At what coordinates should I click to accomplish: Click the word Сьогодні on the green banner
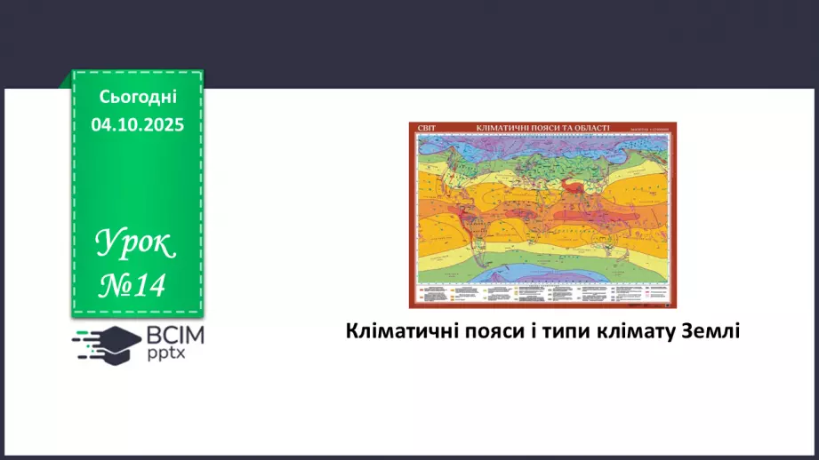coord(138,97)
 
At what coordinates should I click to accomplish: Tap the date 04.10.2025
coord(138,125)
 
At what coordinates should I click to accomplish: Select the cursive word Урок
coord(137,244)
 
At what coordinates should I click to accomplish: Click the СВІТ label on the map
coord(426,128)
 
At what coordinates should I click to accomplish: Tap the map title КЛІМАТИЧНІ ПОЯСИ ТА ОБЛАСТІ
coord(543,128)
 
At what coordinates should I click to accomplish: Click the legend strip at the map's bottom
coord(542,296)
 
